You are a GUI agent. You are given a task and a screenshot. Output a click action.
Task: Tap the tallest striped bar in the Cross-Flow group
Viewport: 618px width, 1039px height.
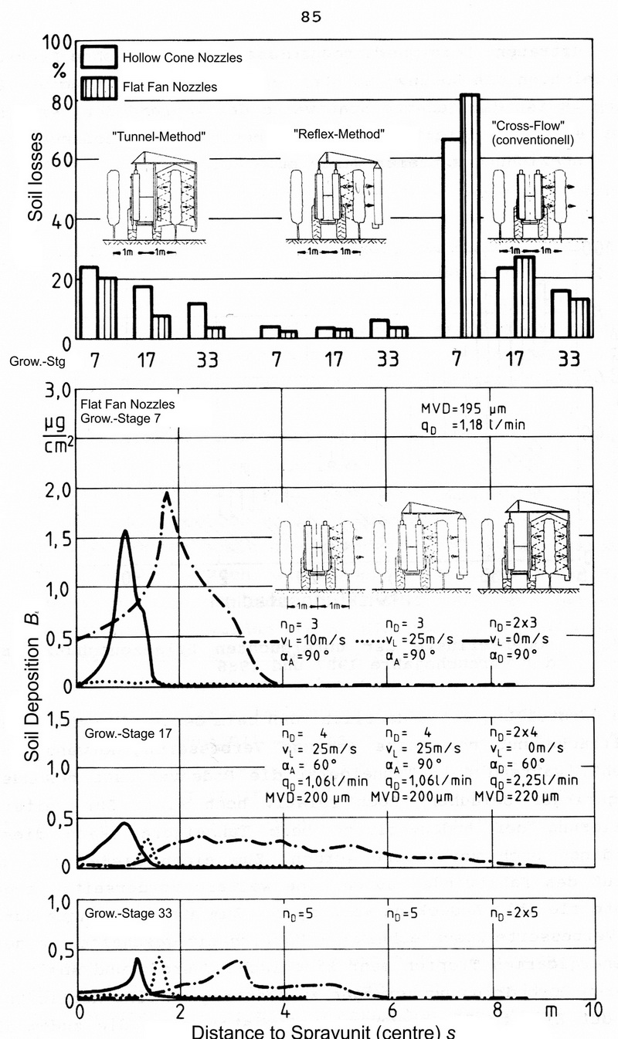pyautogui.click(x=470, y=216)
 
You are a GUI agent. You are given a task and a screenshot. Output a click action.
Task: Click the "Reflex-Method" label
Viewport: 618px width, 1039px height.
pyautogui.click(x=339, y=134)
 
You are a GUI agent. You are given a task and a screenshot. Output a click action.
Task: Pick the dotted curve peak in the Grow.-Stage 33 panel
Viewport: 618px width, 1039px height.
pyautogui.click(x=159, y=958)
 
